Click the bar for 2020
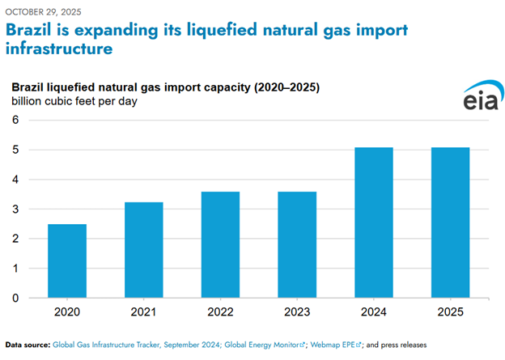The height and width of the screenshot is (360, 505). click(x=67, y=260)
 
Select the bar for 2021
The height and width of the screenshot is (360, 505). click(x=143, y=250)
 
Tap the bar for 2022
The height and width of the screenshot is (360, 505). click(x=220, y=244)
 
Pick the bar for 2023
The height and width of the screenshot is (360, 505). click(x=297, y=244)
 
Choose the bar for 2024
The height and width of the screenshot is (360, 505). click(x=373, y=222)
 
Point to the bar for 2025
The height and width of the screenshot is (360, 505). click(x=450, y=222)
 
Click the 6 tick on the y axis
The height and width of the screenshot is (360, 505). click(x=14, y=120)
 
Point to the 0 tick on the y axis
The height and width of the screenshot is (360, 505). click(x=14, y=298)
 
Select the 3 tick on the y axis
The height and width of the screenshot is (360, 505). click(x=14, y=209)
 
